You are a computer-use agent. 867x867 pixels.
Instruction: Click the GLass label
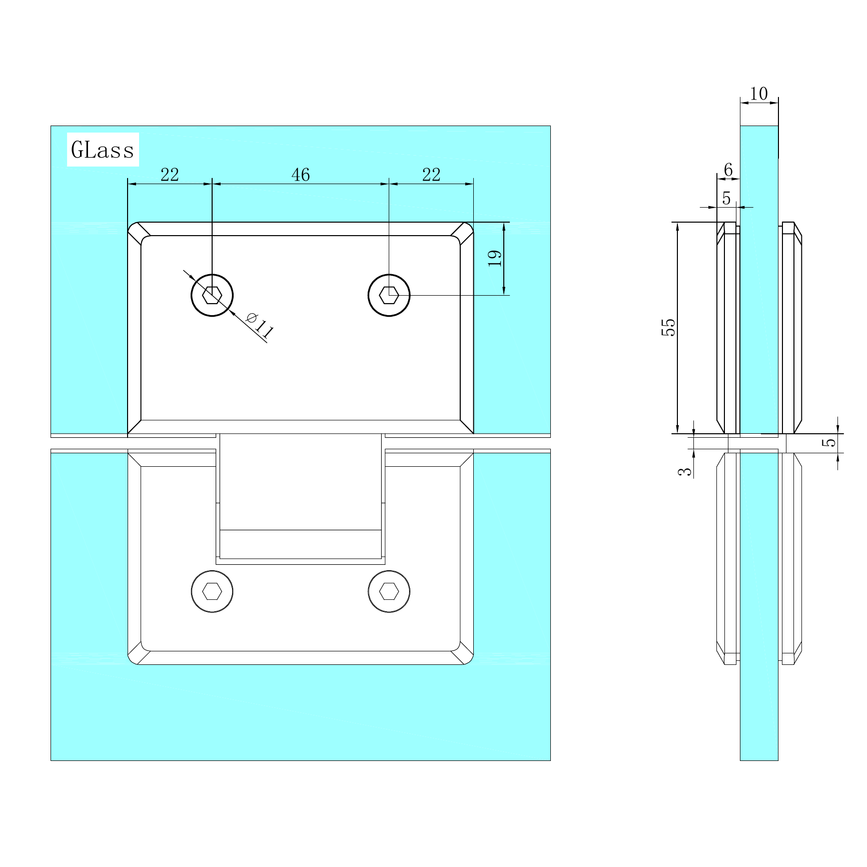103,150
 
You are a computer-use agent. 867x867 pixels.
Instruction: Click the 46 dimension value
301,175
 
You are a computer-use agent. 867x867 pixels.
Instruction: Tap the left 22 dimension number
170,175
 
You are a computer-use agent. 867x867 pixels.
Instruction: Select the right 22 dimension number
431,175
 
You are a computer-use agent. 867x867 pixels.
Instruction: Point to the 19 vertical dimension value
495,258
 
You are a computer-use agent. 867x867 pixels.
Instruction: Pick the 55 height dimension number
668,328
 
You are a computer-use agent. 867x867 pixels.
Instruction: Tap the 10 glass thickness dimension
759,94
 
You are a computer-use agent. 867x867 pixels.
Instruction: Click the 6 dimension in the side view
728,170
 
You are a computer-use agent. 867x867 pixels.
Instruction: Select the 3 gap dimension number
685,471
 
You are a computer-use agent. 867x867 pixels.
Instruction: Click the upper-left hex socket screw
212,295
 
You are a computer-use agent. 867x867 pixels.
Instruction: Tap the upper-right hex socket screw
389,295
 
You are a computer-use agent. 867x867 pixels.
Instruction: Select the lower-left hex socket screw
212,591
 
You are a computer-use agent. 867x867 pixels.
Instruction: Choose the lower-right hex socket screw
389,591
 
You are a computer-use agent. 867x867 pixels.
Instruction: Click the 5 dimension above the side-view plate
726,199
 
